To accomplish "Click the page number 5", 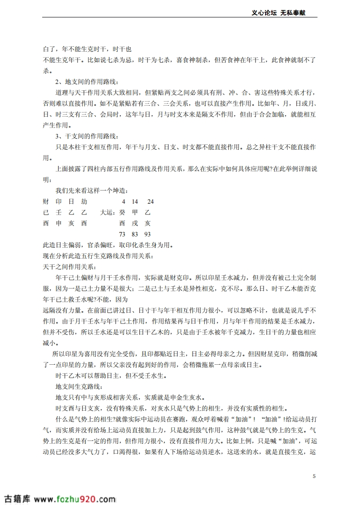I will pyautogui.click(x=314, y=476).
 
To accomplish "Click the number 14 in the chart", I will pyautogui.click(x=135, y=201).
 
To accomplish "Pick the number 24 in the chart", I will pyautogui.click(x=151, y=201).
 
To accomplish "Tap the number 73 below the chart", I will pyautogui.click(x=122, y=234).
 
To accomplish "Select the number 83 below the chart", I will pyautogui.click(x=135, y=234).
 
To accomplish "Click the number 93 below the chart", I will pyautogui.click(x=147, y=234).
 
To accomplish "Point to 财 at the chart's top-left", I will pyautogui.click(x=45, y=201).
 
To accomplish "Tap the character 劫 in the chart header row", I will pyautogui.click(x=84, y=201).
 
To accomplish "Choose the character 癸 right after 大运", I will pyautogui.click(x=122, y=212).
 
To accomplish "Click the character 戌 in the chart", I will pyautogui.click(x=135, y=223).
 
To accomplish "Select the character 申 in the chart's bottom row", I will pyautogui.click(x=58, y=223).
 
